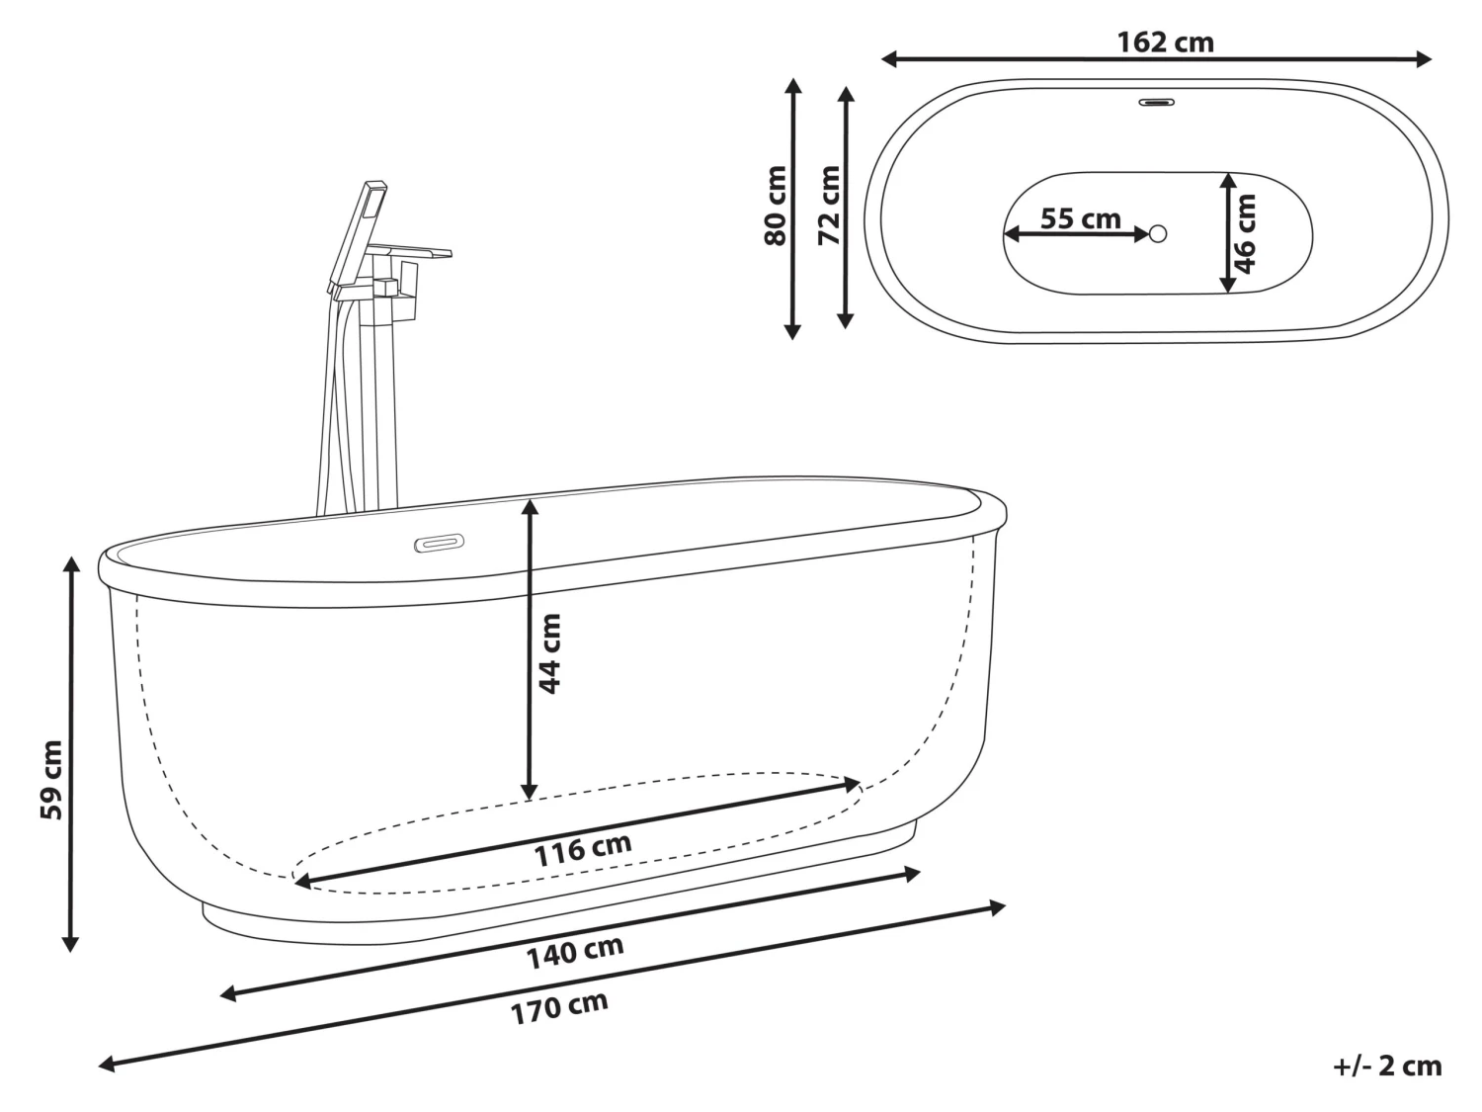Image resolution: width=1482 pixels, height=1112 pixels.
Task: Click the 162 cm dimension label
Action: coord(1165,43)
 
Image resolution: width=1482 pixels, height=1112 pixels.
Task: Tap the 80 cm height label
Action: coord(776,206)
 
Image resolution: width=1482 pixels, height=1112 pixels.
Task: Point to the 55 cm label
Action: coord(1080,217)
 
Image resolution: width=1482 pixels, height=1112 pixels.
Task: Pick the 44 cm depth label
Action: coord(549,653)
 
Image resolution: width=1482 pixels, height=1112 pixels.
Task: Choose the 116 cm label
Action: coord(583,849)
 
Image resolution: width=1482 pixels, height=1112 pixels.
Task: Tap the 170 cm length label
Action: coord(559,1007)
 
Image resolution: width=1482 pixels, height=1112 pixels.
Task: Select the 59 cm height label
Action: coord(51,779)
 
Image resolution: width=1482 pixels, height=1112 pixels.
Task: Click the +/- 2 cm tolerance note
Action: coord(1387,1066)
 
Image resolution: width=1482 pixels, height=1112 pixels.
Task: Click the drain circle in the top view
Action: coord(1158,234)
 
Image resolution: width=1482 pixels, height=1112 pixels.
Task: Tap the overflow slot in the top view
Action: coord(1156,101)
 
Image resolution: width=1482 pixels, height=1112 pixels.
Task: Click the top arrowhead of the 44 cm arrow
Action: coord(530,506)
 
